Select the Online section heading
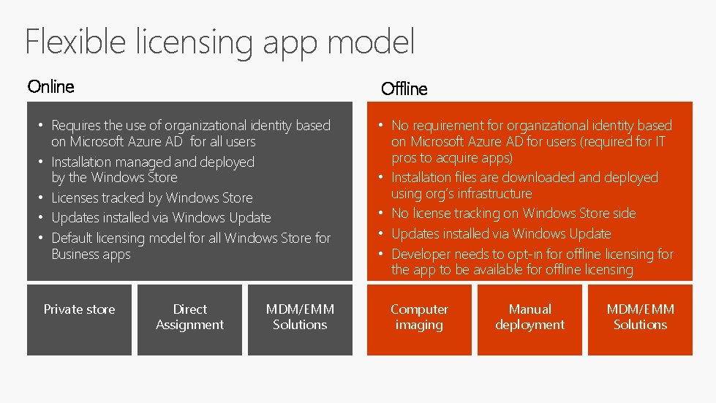pos(51,87)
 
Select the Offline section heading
pos(404,89)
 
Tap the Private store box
pos(79,320)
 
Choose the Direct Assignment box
pos(189,320)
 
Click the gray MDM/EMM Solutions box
pos(300,320)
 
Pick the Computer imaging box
pos(419,320)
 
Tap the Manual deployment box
pos(530,320)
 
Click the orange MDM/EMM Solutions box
pos(640,320)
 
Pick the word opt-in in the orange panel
pos(523,255)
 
